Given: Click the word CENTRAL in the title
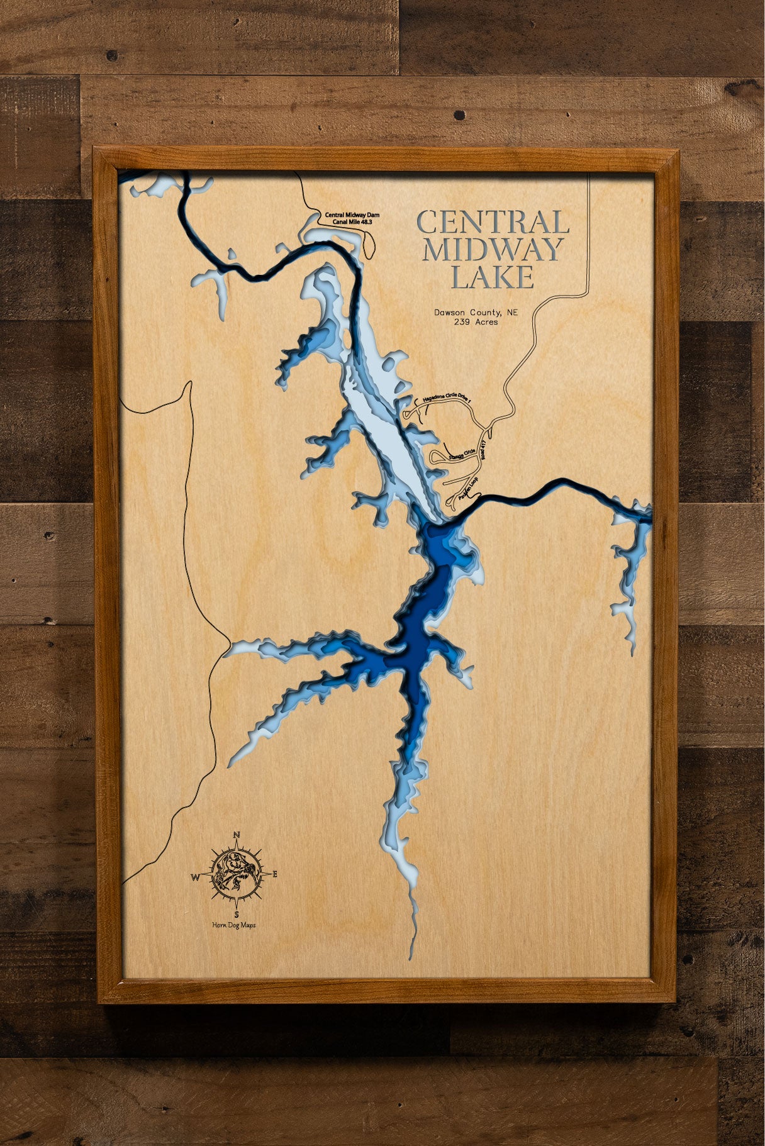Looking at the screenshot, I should click(x=493, y=222).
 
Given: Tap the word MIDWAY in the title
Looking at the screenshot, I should click(x=493, y=250).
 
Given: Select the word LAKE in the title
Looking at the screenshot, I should click(x=493, y=277).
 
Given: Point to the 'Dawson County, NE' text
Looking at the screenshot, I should click(x=476, y=313).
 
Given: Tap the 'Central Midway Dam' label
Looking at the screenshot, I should click(x=352, y=215).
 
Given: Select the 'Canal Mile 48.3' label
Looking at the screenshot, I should click(x=352, y=223).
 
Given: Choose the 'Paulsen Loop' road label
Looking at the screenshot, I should click(x=468, y=489).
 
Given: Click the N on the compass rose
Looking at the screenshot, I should click(x=237, y=835).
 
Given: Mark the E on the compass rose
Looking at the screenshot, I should click(x=274, y=874).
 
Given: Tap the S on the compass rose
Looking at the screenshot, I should click(x=237, y=914).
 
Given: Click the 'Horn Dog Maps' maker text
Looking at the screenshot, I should click(x=234, y=925).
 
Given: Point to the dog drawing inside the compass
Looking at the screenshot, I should click(x=236, y=874).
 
